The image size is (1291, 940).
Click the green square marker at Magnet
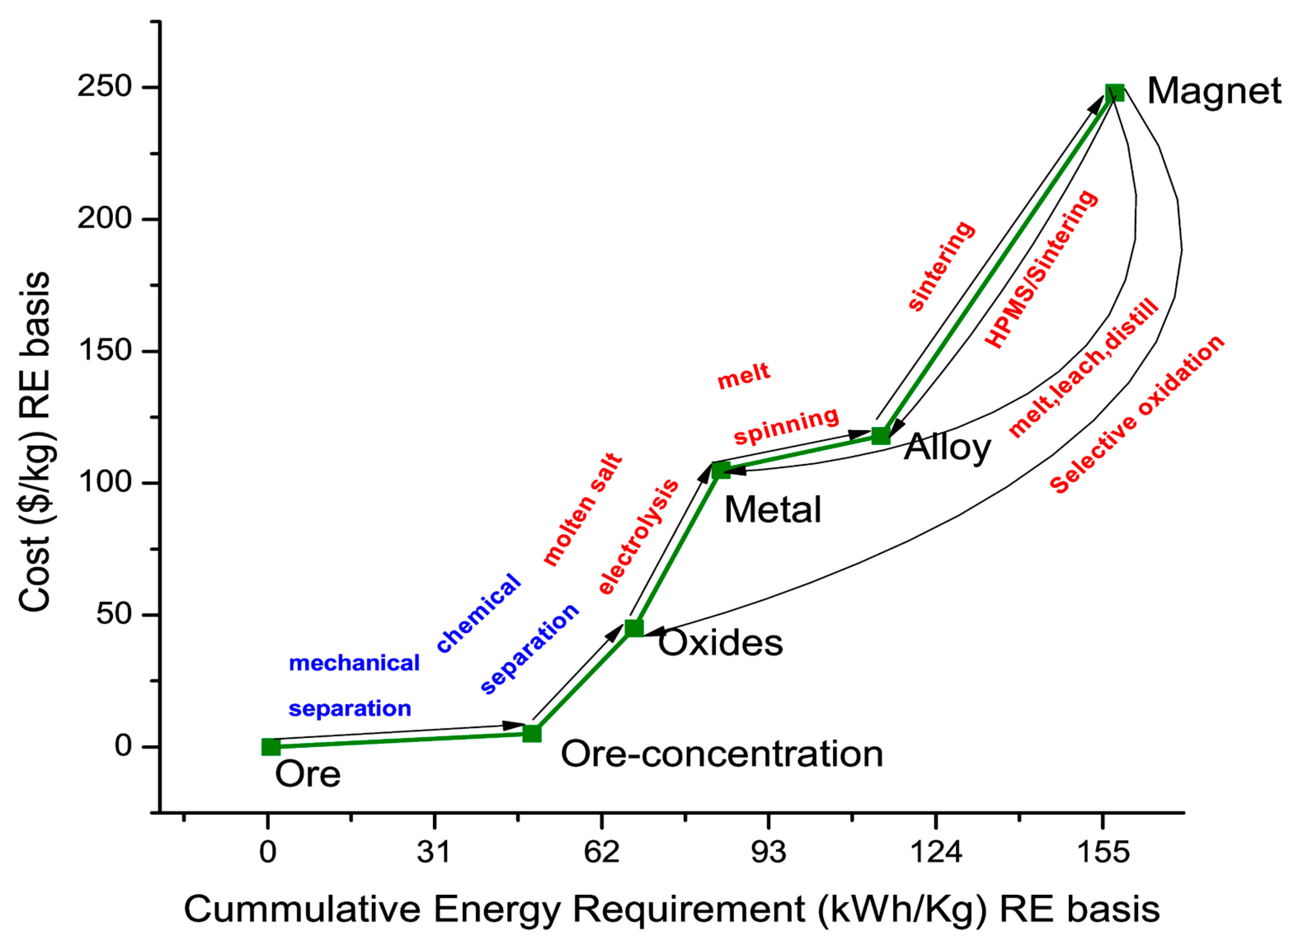click(1115, 92)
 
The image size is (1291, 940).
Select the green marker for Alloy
click(881, 436)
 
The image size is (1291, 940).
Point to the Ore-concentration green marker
click(531, 733)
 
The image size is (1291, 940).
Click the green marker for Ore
click(270, 747)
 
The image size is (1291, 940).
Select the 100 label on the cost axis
click(105, 482)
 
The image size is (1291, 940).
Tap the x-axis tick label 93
click(769, 852)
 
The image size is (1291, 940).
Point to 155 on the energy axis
click(1103, 852)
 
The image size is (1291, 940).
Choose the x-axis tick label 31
click(434, 852)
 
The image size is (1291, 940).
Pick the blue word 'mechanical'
click(354, 663)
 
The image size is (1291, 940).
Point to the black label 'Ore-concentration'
click(721, 754)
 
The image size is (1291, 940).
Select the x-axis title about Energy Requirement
click(672, 909)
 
